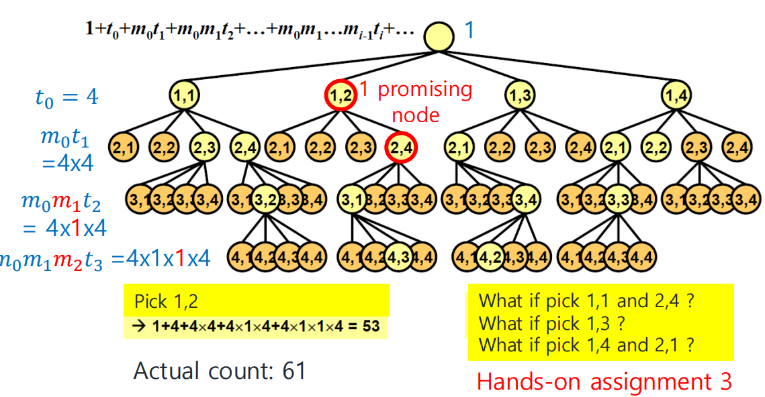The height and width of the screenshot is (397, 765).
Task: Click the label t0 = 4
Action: [66, 97]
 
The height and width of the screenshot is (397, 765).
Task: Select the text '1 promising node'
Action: [415, 101]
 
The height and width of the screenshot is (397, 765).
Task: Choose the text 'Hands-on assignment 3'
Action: [603, 381]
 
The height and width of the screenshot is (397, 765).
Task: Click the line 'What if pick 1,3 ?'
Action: [551, 323]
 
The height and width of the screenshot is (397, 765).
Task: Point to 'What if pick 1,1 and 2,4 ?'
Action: [586, 300]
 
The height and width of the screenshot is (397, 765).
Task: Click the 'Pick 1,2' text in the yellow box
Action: [166, 300]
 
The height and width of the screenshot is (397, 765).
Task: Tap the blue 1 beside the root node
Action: [469, 31]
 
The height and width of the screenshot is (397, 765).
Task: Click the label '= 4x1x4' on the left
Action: [64, 229]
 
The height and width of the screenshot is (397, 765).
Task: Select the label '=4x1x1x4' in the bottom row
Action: [161, 258]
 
